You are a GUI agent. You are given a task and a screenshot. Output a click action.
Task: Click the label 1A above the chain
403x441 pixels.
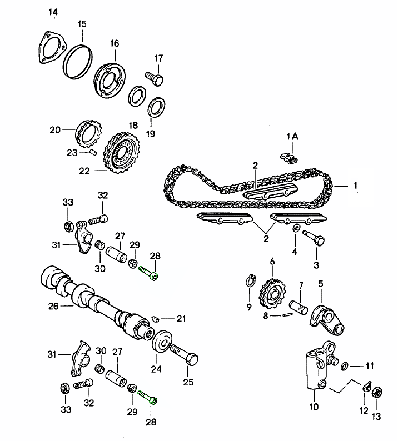click(292, 137)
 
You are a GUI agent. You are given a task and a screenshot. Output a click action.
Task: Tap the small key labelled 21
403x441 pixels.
click(157, 318)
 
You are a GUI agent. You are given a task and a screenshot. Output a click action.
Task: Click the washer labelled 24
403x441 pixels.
click(162, 341)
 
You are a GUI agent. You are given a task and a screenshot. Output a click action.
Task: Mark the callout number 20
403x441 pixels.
click(54, 131)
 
